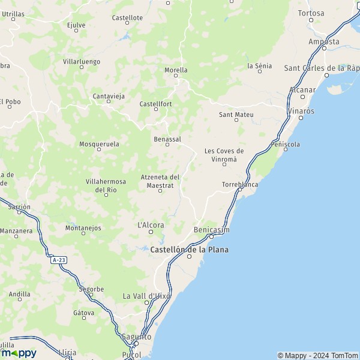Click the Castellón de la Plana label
190,249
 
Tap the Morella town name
176,70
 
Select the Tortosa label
311,13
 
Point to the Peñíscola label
286,144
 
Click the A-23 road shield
58,260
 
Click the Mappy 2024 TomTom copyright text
317,355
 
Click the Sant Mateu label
236,115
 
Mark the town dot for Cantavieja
109,101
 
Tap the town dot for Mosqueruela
99,149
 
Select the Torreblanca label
240,184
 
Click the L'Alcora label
151,225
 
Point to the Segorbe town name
91,289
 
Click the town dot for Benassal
167,145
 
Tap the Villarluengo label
82,61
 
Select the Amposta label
323,42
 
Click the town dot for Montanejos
83,233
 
